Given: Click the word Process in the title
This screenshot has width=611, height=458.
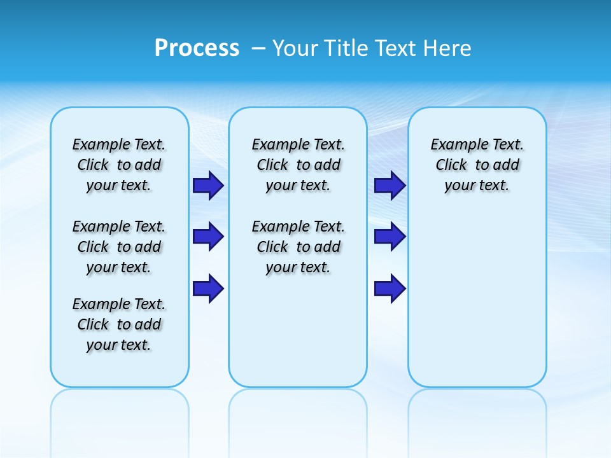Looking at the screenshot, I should [197, 48].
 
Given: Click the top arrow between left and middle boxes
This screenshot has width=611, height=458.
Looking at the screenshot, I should [208, 185].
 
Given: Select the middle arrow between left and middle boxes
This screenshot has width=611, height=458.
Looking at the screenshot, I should [208, 237].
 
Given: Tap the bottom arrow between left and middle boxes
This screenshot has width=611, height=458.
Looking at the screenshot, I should [208, 288].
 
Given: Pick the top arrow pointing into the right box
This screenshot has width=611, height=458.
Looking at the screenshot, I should [390, 185].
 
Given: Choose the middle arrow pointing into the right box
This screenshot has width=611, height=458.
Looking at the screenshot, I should [390, 237].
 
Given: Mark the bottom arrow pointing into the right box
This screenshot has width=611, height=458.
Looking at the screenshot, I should [390, 288].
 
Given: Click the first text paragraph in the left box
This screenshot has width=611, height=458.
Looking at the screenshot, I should [119, 165].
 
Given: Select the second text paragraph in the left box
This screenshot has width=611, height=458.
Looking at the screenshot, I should [119, 247].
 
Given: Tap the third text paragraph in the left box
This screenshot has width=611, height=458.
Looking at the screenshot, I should [119, 324].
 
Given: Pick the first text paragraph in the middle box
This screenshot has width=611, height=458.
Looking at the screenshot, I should [298, 165].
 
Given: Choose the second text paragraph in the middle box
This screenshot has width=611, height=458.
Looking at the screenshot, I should [298, 247].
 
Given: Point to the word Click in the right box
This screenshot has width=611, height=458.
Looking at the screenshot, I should [451, 165].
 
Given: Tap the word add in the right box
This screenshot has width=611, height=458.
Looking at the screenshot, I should [507, 165].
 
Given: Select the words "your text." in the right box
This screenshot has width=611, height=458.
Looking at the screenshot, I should [477, 186].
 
